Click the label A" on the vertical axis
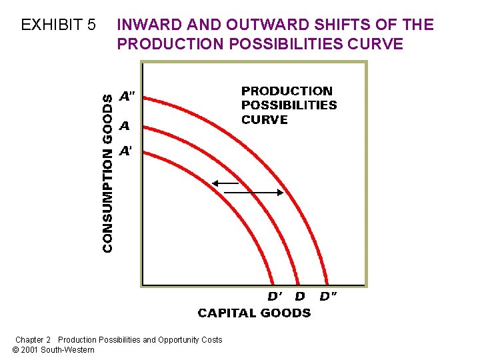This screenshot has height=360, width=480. coord(127,96)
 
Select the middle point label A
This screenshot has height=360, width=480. coord(124,125)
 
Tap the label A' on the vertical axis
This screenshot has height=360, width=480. coord(125,151)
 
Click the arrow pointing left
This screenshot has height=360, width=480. coord(225,182)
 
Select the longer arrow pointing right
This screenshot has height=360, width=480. coord(254,193)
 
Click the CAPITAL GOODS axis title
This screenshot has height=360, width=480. coord(254,313)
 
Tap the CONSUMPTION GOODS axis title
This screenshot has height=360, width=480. coord(107,172)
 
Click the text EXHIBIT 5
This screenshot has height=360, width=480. coord(59,25)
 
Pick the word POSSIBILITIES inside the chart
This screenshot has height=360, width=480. coord(289,105)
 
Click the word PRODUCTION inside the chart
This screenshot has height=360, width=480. coord(287,91)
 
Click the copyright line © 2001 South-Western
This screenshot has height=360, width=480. coord(53,350)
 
